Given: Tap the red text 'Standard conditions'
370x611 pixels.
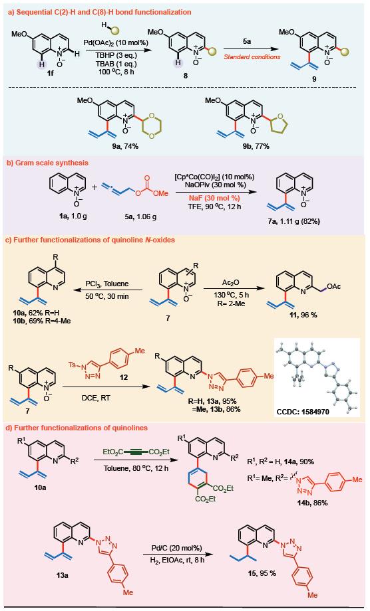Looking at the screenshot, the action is click(x=252, y=57).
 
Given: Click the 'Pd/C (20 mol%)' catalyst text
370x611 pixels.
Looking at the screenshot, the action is click(x=176, y=548).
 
